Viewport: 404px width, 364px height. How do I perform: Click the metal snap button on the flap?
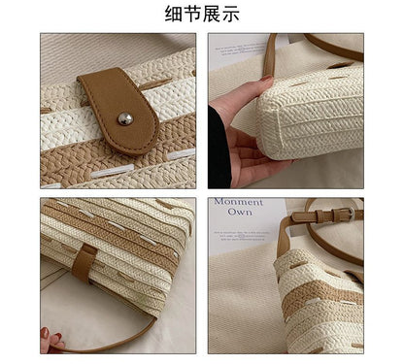pyautogui.click(x=124, y=118)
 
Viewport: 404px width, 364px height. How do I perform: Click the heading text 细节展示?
pyautogui.click(x=202, y=14)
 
